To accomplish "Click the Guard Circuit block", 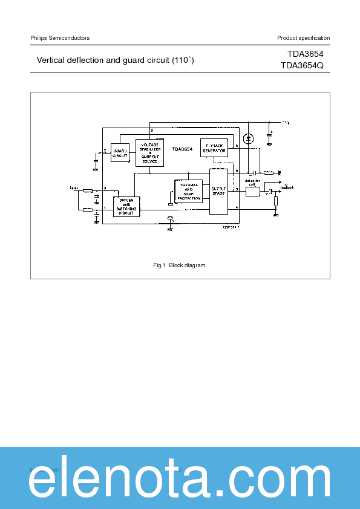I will coord(120,153).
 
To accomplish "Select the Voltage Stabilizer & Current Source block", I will coord(149,153).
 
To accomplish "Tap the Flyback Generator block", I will coord(214,148).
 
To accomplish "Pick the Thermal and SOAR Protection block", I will coord(189,191).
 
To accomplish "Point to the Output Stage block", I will coord(218,191).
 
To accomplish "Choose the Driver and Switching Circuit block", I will coord(126,207).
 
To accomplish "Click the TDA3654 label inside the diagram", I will coord(182,148).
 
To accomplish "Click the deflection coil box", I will coord(252,192).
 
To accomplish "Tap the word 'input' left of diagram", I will coord(74,188).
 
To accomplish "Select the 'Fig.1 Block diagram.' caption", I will coord(180,265).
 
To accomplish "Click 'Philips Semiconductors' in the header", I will coord(60,38).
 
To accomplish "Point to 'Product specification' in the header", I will coord(304,38).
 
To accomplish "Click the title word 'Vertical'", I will coord(52,60).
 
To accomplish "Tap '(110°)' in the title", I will coord(183,60).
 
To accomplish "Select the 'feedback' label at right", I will coord(289,187).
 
